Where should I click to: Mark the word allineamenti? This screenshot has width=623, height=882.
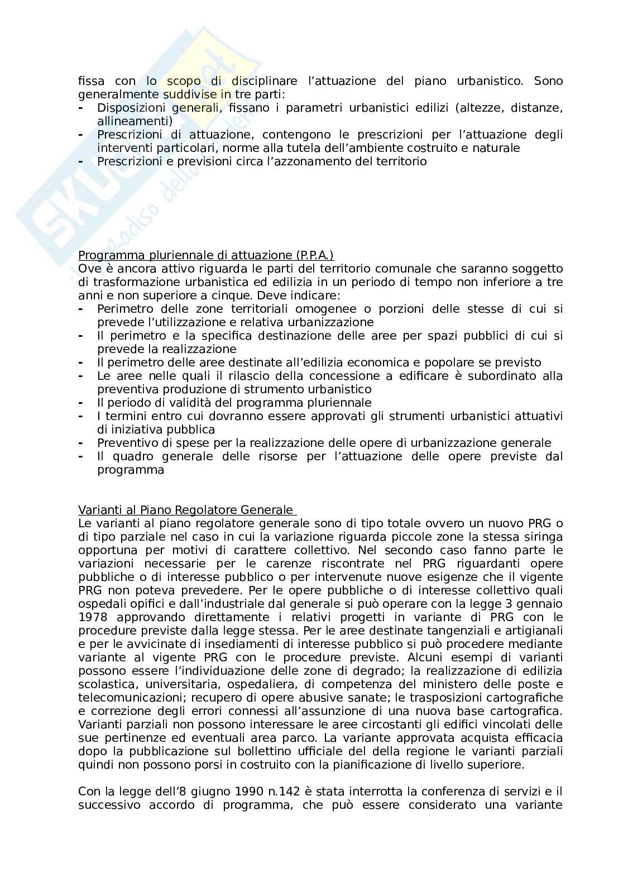coord(134,121)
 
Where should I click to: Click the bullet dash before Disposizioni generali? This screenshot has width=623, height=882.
coord(82,108)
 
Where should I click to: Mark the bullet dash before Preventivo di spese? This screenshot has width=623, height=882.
coord(82,443)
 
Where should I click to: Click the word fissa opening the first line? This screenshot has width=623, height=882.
coord(91,81)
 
